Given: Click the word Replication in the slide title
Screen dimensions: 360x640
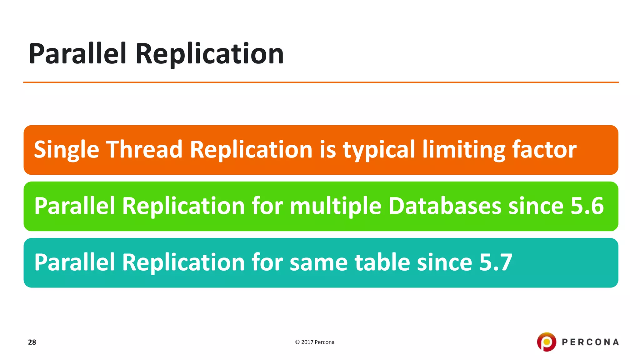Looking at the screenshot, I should point(209,54).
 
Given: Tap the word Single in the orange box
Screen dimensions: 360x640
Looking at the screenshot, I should point(66,150).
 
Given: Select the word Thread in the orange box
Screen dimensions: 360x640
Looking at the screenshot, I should point(144,150).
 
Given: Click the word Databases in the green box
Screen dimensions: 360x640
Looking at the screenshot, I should point(445,206).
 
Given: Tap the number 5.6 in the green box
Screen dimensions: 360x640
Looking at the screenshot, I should point(587,206).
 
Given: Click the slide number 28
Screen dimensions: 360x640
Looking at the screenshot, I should point(32,342).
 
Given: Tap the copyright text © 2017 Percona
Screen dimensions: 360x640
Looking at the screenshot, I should point(315,342).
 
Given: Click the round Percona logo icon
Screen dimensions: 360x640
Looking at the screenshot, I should point(546,342).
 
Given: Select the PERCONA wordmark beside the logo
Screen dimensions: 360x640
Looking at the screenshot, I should point(590,342).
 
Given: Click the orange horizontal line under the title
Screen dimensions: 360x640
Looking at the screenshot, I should point(321,82).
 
